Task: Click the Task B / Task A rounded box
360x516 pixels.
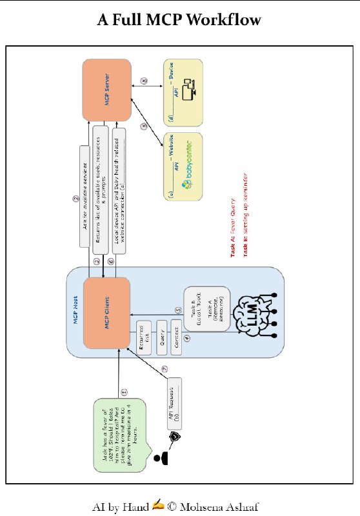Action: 206,308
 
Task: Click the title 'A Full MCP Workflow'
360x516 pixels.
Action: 179,20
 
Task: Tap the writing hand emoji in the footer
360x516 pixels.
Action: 157,506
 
